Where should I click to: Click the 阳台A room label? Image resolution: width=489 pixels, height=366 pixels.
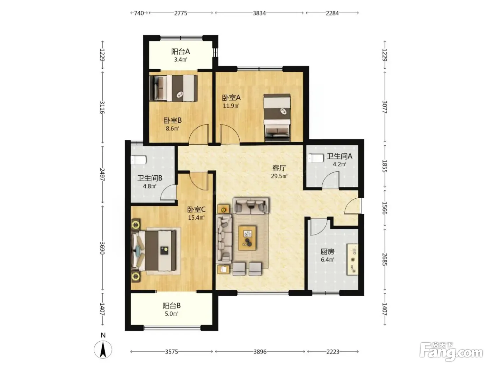point(180,52)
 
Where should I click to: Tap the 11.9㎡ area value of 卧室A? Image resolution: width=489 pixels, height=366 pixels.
point(231,106)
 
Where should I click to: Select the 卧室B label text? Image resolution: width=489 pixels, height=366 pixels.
point(173,121)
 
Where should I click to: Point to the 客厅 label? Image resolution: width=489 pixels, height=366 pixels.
point(279,168)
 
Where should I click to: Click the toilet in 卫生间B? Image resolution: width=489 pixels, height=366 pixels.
point(138,160)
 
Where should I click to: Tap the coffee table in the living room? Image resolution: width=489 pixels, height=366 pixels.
point(247,238)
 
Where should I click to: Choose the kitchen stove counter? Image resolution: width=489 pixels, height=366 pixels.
point(352,260)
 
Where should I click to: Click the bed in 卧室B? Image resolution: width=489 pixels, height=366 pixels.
point(174,88)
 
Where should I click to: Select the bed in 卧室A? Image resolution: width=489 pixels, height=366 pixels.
point(277,117)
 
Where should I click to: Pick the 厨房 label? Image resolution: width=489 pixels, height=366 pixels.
point(327,252)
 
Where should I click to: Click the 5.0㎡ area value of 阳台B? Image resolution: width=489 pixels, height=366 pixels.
point(171,314)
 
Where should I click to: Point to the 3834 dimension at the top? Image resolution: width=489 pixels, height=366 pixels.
point(259,13)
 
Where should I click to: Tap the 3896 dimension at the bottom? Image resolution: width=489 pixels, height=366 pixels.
point(260,352)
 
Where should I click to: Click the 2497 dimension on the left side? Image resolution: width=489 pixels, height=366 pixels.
point(102,174)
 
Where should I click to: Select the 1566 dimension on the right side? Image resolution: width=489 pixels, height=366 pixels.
point(385,208)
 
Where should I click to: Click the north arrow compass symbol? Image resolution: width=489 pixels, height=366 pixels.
point(103,350)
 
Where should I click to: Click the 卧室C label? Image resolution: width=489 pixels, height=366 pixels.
point(196,209)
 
